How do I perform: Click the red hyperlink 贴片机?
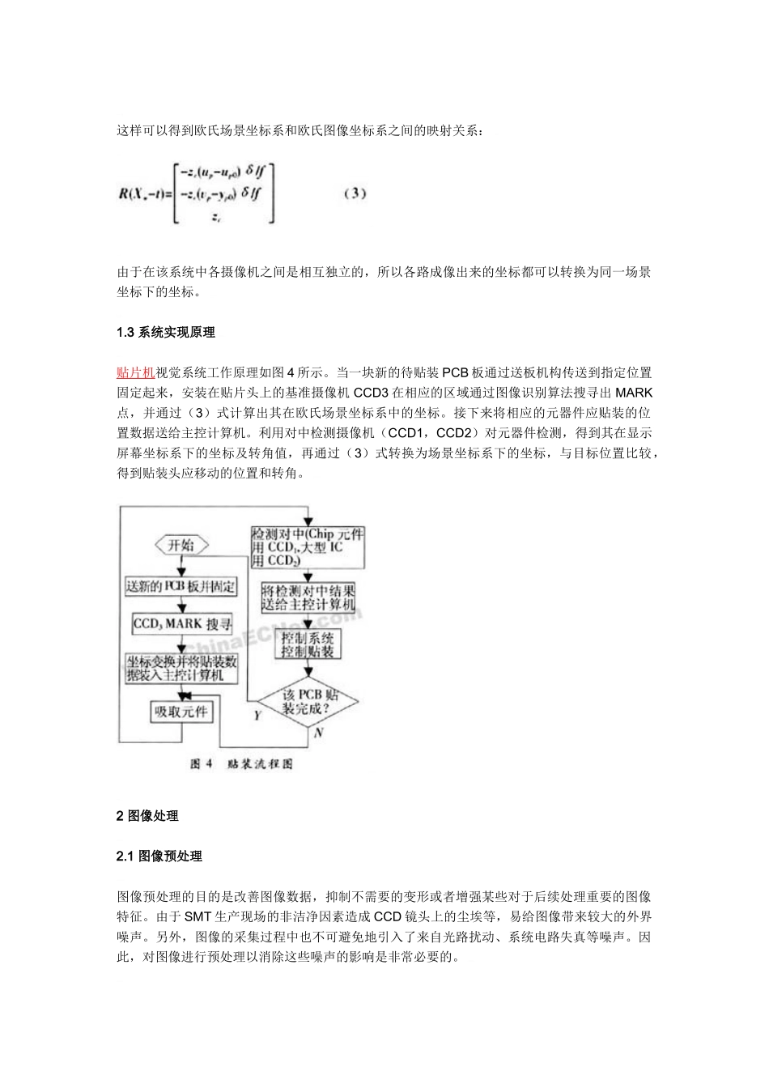[x=136, y=372]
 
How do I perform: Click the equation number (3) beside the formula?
[x=355, y=193]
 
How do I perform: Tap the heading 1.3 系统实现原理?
[x=165, y=332]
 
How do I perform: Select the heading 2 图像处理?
[x=147, y=815]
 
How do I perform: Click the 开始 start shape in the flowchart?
[x=181, y=546]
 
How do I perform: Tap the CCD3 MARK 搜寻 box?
[x=182, y=624]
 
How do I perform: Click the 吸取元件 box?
[x=181, y=712]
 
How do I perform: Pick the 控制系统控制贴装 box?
[x=308, y=644]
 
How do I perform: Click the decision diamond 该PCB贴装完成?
[x=308, y=702]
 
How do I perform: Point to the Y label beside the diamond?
[x=257, y=716]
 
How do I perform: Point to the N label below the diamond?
[x=318, y=733]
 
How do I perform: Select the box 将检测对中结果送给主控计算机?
[x=308, y=597]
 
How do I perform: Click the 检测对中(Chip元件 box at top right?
[x=308, y=547]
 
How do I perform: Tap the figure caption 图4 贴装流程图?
[x=241, y=764]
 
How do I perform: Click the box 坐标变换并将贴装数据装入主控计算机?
[x=181, y=668]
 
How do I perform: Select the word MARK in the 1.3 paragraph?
[x=634, y=393]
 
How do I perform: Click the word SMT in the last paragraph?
[x=198, y=916]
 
